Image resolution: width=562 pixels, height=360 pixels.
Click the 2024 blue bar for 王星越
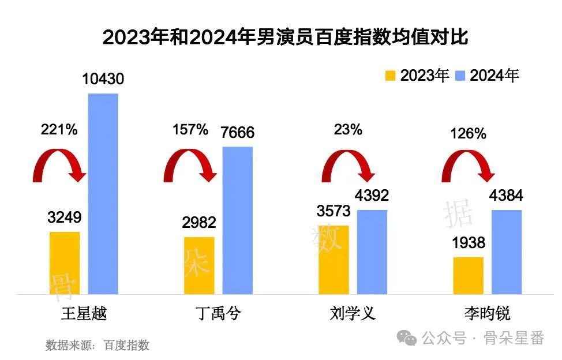(x=103, y=193)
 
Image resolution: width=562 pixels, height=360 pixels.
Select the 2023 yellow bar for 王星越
(x=65, y=262)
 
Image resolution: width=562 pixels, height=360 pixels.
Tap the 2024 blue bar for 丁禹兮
(x=237, y=220)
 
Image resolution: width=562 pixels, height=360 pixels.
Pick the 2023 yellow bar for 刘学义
(x=334, y=260)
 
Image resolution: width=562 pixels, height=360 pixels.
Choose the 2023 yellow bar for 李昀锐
(x=468, y=275)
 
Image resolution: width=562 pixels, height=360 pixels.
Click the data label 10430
(x=103, y=79)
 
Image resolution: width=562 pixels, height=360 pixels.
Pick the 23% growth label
(x=348, y=130)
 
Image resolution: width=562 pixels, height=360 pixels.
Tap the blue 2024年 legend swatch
(x=460, y=76)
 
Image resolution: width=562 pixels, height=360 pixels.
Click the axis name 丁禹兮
(x=218, y=314)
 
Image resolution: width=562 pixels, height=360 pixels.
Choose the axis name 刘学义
(x=353, y=314)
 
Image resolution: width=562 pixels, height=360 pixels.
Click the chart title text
(x=281, y=38)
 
